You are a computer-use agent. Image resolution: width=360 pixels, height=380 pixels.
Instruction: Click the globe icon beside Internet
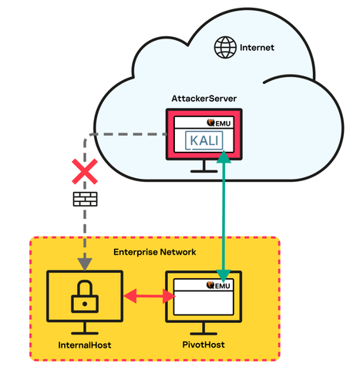[225, 47]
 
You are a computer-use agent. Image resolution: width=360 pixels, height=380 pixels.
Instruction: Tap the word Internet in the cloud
[257, 48]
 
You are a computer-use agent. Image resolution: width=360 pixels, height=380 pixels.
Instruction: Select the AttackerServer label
[204, 99]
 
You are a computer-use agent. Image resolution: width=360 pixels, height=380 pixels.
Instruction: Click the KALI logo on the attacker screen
[204, 140]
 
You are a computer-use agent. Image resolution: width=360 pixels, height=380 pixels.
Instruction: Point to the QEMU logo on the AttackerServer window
[219, 123]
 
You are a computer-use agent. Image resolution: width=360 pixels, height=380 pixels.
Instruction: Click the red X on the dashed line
[85, 171]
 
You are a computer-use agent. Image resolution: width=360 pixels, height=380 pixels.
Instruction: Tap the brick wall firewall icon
[85, 199]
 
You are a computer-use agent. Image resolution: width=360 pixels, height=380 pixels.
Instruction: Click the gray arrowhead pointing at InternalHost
[85, 264]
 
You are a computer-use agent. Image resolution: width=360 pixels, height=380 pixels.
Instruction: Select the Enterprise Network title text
[155, 252]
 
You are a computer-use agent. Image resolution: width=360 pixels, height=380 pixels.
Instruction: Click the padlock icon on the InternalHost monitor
[85, 297]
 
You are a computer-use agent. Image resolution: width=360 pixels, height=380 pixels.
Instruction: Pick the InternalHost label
[85, 345]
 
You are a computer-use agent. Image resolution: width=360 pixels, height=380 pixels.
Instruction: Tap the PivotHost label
[204, 345]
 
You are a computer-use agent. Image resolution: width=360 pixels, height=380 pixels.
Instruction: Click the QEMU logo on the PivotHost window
[218, 285]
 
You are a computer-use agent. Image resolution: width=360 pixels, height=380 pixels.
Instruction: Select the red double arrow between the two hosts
[150, 296]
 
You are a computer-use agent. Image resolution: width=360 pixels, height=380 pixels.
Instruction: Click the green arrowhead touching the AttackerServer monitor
[224, 156]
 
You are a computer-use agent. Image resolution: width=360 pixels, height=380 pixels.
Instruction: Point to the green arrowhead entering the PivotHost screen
[224, 276]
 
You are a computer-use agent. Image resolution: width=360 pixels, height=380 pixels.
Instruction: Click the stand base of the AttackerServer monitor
[204, 171]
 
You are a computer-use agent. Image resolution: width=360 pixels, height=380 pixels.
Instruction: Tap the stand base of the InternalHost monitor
[85, 333]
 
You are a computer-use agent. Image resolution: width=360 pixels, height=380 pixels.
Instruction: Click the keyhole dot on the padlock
[85, 304]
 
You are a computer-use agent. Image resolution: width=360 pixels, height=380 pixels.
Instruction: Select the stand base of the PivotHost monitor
[204, 334]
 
